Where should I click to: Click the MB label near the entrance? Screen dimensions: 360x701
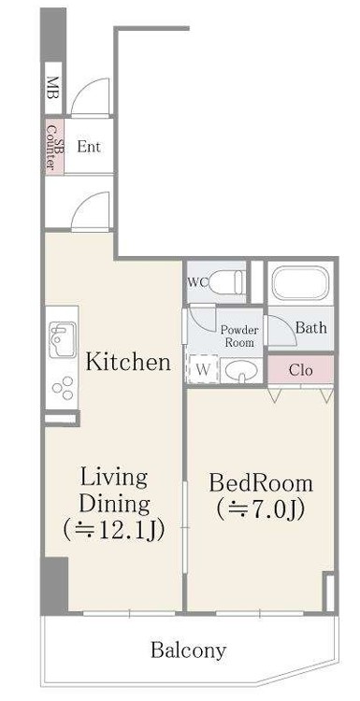tap(53, 89)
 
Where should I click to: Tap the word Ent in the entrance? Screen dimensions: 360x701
tap(89, 147)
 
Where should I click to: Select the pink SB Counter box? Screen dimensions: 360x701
tap(54, 145)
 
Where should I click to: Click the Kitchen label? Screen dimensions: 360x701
tap(128, 362)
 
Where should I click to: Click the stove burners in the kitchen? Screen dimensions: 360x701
tap(63, 388)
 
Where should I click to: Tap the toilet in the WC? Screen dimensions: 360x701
tap(227, 282)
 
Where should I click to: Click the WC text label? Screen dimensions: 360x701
tap(198, 282)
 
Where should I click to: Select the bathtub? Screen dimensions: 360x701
tap(300, 283)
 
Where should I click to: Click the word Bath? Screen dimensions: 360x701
tap(311, 328)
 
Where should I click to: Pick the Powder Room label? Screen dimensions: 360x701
tap(239, 336)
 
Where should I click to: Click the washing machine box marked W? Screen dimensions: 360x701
tap(203, 369)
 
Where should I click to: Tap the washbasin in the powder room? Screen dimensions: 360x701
tap(241, 371)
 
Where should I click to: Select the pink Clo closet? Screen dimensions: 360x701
tap(300, 370)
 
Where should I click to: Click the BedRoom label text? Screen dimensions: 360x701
tap(261, 484)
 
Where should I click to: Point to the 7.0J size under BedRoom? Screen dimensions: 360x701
tap(260, 509)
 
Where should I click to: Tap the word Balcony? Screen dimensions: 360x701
tap(188, 650)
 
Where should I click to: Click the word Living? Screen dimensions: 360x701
tap(113, 479)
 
